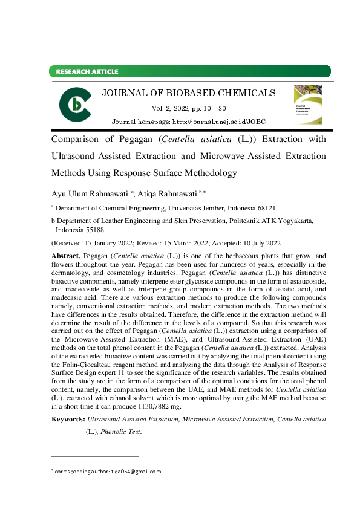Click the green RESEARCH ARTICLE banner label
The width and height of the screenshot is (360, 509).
(x=87, y=72)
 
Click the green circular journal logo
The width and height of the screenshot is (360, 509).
(x=75, y=104)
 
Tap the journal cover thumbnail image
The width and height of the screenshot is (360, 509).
(x=308, y=105)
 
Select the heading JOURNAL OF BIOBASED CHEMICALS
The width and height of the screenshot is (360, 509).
(x=188, y=93)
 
